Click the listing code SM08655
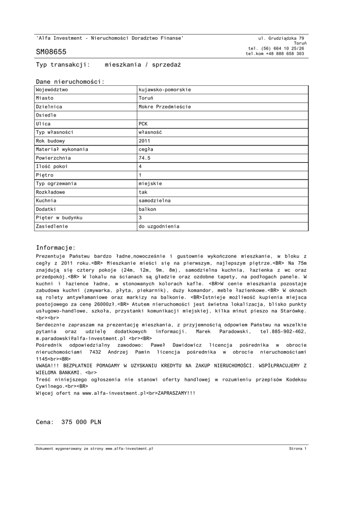[51, 52]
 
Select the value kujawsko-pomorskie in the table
[165, 90]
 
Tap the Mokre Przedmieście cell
[165, 107]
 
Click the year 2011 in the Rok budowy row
[144, 141]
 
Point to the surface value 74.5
[144, 158]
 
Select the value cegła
[146, 149]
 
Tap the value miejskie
[150, 184]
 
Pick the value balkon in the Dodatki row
[147, 209]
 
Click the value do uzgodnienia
[159, 226]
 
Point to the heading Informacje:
[56, 248]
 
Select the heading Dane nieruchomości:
[70, 81]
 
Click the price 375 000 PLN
[81, 422]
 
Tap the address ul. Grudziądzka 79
[282, 38]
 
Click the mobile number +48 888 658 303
[285, 54]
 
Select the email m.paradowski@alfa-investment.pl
[81, 338]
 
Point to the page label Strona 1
[298, 448]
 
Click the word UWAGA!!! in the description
[47, 365]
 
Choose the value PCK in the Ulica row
[143, 124]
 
